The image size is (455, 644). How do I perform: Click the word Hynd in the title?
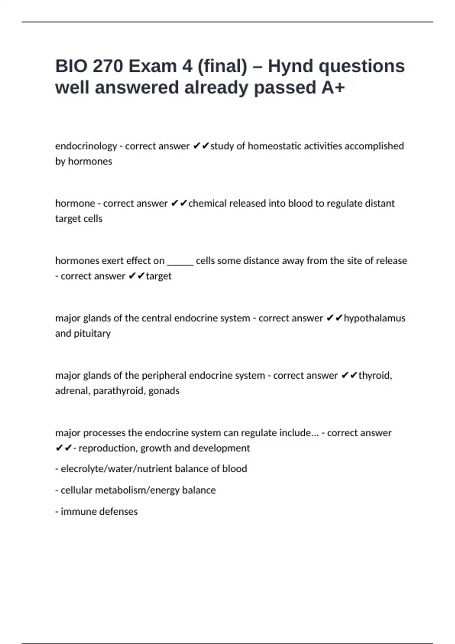coord(290,66)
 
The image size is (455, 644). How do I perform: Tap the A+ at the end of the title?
coord(333,88)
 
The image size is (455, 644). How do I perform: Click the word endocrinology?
coord(86,146)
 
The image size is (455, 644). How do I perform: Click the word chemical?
coord(207,203)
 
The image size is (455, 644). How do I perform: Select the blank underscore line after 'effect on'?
coord(180,261)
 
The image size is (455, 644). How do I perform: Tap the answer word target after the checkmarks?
coord(158,276)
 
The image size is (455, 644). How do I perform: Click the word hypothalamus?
coord(374,318)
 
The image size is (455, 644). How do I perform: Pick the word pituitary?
coord(92,333)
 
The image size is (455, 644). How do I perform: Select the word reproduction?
coord(108,448)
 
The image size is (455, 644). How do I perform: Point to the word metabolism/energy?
coord(137,490)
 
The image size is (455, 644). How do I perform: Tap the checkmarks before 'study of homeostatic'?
coord(201,146)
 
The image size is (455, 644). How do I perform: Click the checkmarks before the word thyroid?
coord(349,375)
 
